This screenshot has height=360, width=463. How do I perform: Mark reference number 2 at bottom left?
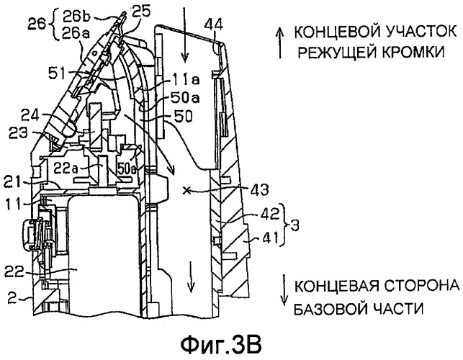7,296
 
